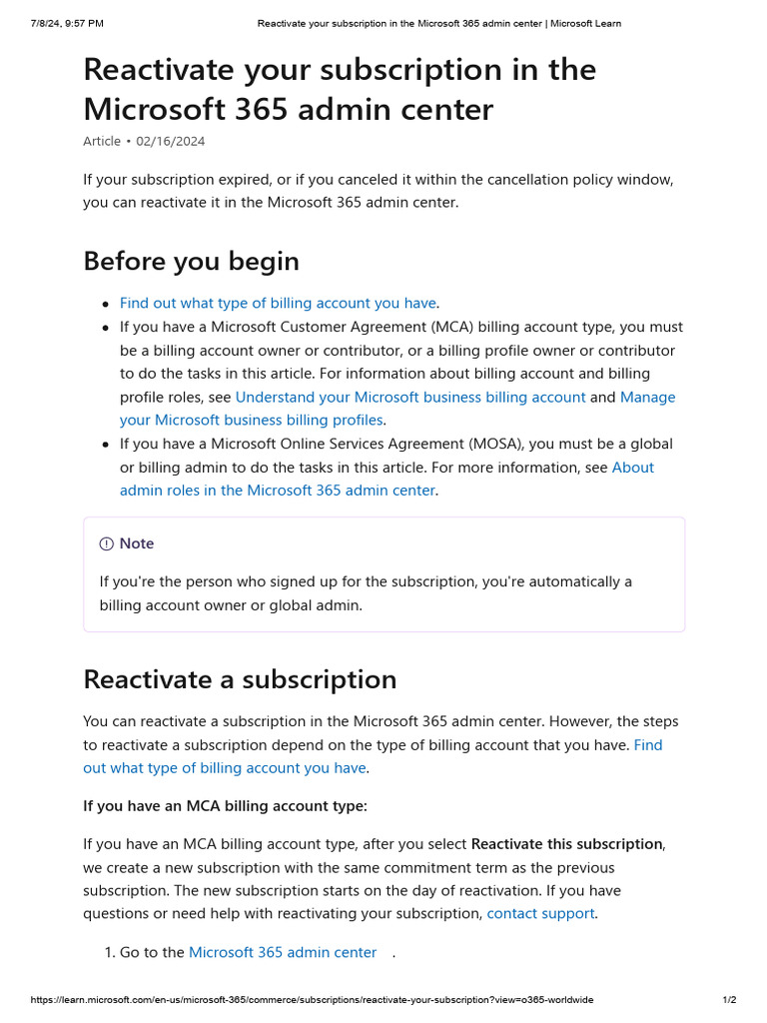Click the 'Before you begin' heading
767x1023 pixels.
[191, 262]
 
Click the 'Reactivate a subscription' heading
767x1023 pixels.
[240, 679]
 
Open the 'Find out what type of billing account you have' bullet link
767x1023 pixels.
[278, 303]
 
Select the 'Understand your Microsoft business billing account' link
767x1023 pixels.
[409, 397]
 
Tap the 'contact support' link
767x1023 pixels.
[540, 913]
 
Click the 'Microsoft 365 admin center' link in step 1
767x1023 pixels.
[283, 952]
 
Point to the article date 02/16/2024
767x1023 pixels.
[171, 141]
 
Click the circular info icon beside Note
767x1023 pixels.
[106, 543]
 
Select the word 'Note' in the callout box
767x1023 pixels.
[137, 543]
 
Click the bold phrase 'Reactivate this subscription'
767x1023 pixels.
[566, 844]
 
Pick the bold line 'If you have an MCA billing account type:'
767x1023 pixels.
[225, 805]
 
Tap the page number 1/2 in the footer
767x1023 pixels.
[729, 1000]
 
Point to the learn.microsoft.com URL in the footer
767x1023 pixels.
[312, 1000]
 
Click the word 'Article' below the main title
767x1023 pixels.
[102, 141]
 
